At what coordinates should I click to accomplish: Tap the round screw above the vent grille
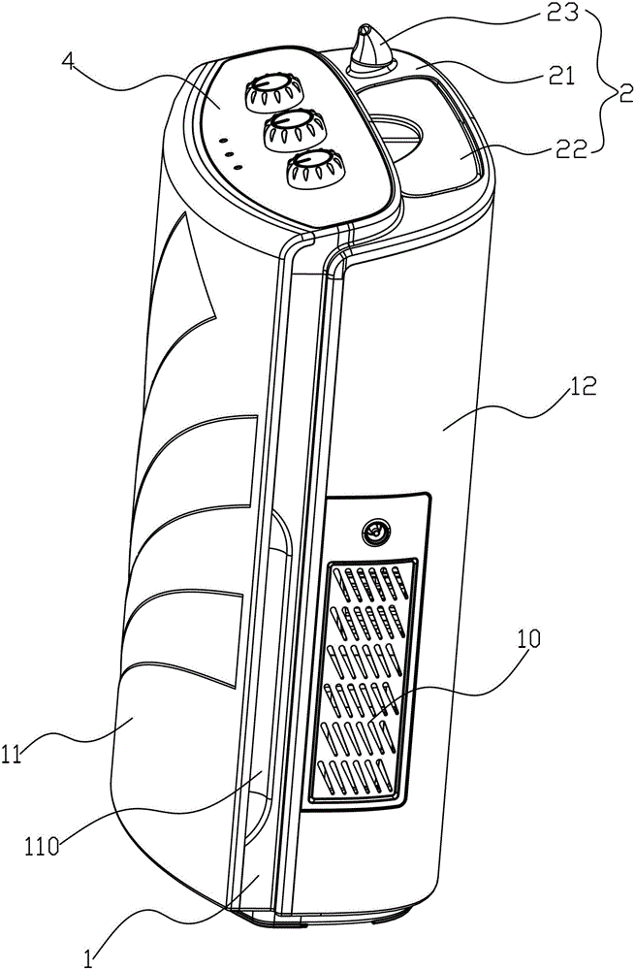click(372, 530)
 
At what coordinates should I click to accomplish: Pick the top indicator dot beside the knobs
click(225, 141)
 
